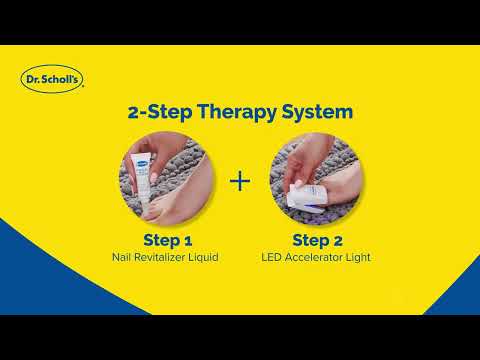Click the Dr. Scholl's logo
52,78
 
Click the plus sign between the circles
239,181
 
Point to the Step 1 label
167,240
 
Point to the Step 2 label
317,240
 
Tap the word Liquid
206,257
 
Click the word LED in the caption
275,257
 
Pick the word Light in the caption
356,257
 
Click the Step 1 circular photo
167,181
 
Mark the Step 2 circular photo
317,181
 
